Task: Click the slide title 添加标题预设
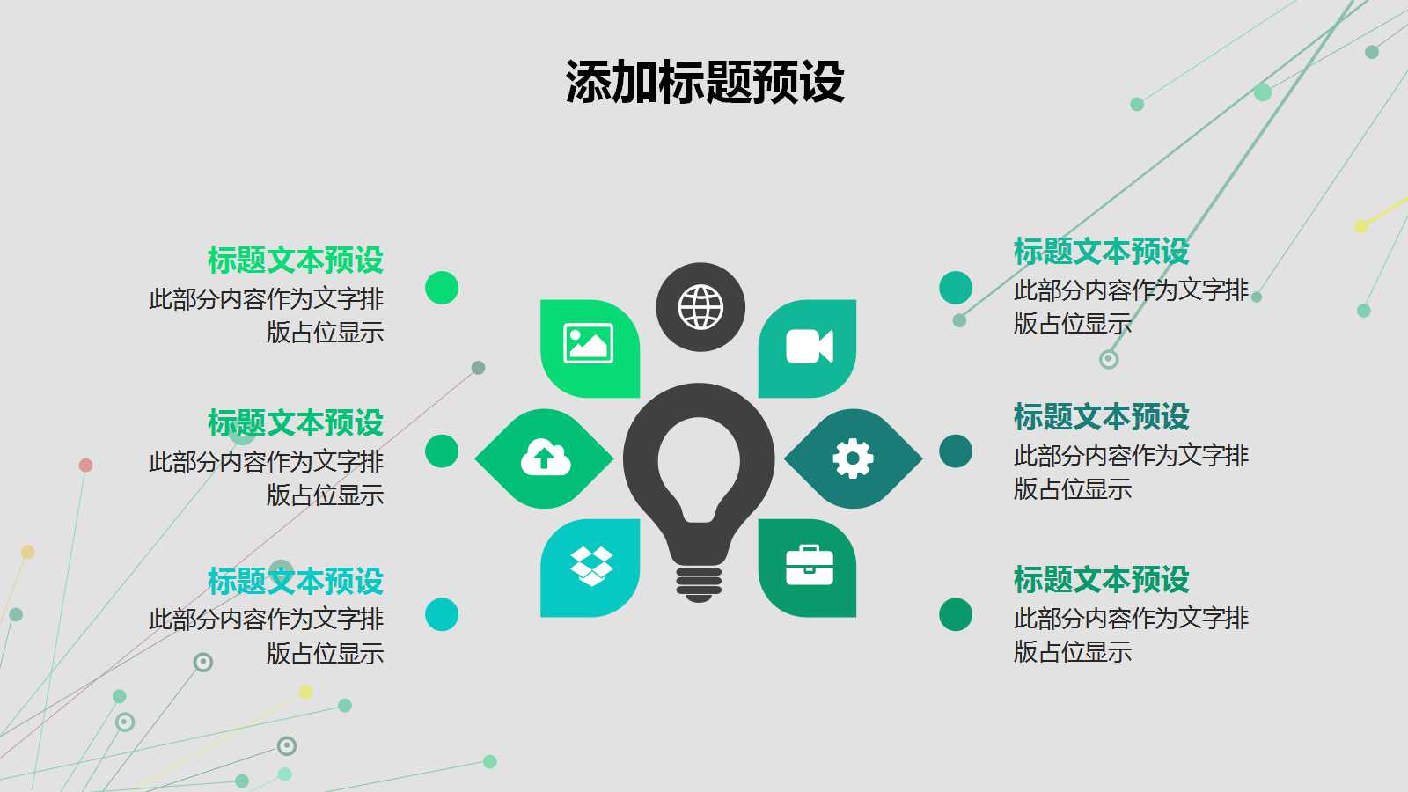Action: (x=705, y=82)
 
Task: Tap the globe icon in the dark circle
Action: (x=700, y=307)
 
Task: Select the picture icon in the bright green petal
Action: (x=589, y=343)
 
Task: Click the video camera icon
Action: (x=809, y=347)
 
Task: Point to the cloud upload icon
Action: (x=546, y=458)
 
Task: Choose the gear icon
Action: (x=853, y=458)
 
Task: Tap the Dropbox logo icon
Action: (x=591, y=566)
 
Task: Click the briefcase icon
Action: (x=809, y=566)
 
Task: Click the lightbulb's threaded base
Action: (x=699, y=583)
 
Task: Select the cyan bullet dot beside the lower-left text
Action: (x=442, y=614)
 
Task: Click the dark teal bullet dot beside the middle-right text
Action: (x=956, y=451)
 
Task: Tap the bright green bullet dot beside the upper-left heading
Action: (x=442, y=288)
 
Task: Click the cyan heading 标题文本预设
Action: (x=296, y=581)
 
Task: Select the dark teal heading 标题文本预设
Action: (x=1101, y=416)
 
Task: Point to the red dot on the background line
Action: (x=85, y=465)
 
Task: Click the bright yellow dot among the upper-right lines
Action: (x=1361, y=226)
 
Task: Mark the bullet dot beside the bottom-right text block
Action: (x=956, y=614)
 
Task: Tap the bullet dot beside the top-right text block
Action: (x=956, y=288)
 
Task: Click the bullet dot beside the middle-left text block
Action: (x=442, y=451)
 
